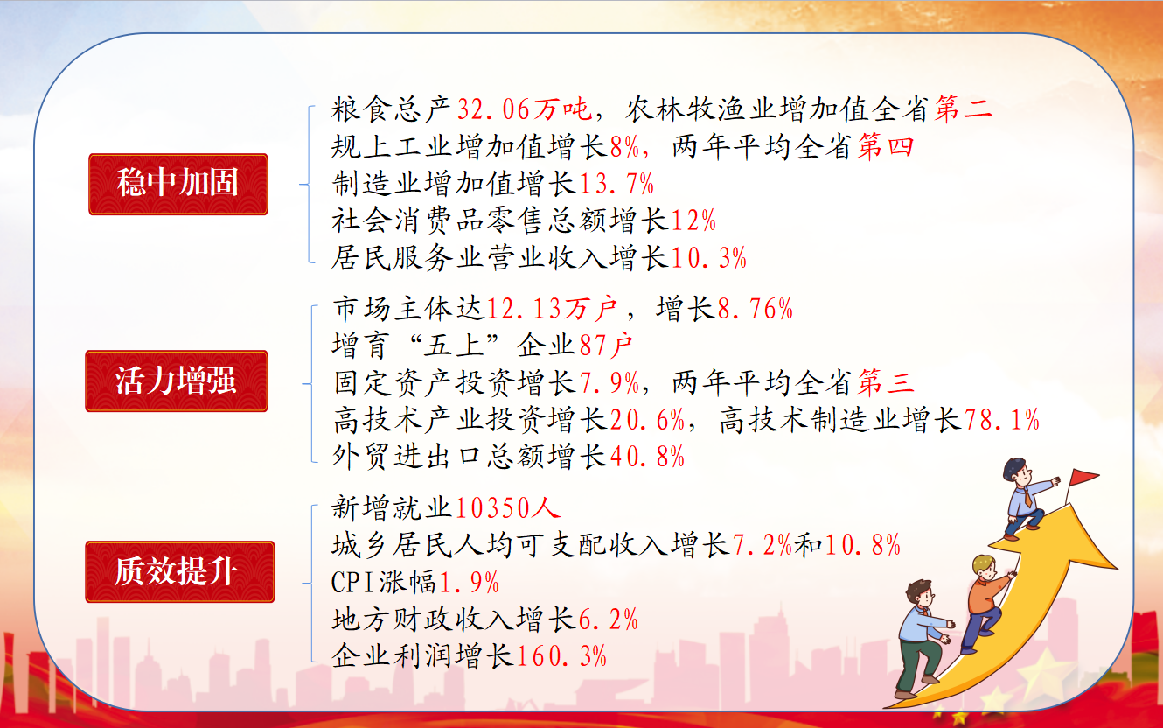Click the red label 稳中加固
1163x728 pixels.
178,184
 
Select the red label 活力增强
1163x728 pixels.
177,381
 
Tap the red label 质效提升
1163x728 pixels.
179,571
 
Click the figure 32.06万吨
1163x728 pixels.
525,109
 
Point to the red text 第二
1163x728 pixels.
963,109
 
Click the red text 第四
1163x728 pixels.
886,147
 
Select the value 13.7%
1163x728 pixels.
616,184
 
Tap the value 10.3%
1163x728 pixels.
708,258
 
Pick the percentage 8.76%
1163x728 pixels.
756,309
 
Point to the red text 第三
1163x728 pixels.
886,383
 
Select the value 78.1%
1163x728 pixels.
1002,420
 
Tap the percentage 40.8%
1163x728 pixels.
647,457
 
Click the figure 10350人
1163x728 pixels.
508,507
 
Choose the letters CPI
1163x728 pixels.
353,583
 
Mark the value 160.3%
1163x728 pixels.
561,655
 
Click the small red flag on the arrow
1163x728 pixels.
1083,477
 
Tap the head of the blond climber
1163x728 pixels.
985,567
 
